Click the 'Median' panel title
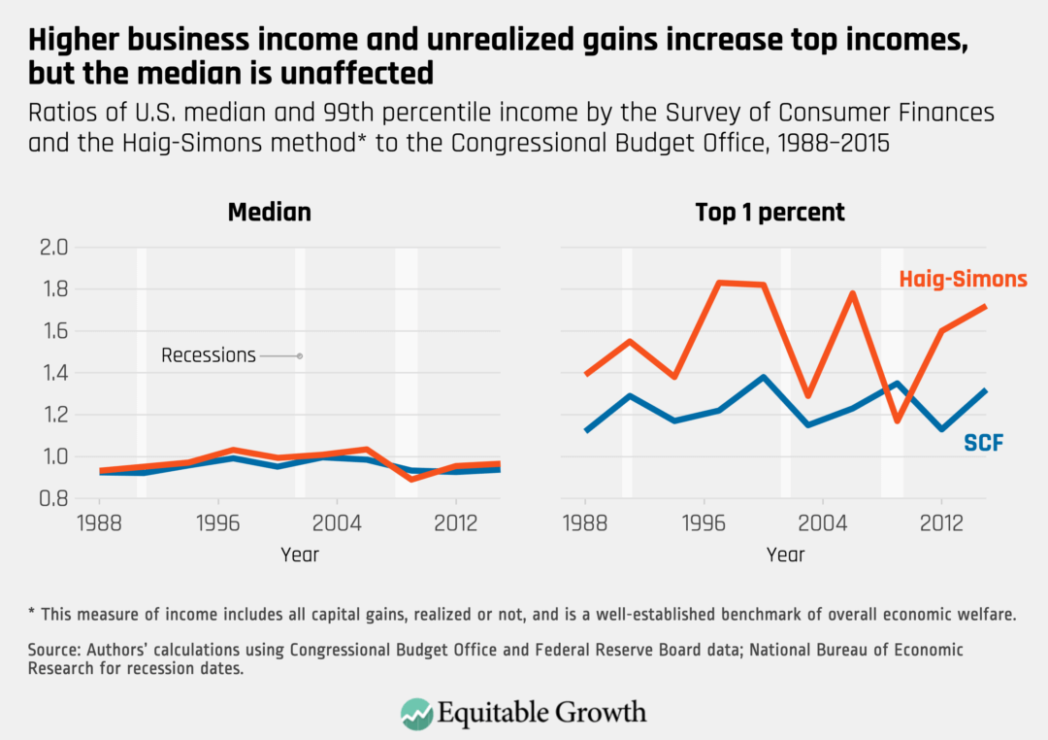269,212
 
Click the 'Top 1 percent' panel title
770,212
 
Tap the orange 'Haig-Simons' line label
962,280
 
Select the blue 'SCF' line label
983,444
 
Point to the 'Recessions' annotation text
209,355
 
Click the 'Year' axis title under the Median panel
300,555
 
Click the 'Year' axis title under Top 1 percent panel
785,555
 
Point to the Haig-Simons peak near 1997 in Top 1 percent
720,283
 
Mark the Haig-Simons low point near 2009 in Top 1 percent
897,420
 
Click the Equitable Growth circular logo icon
416,712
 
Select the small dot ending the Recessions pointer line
300,356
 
